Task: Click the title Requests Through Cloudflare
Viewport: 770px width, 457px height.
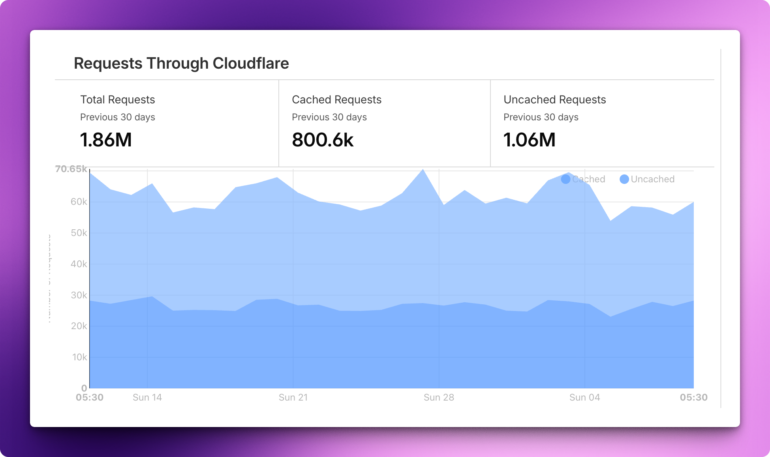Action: tap(181, 63)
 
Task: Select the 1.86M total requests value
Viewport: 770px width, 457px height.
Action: tap(106, 140)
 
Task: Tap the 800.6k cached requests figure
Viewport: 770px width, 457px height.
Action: tap(323, 140)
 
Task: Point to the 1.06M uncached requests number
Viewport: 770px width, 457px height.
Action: tap(529, 140)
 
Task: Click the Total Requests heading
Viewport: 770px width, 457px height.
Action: tap(118, 99)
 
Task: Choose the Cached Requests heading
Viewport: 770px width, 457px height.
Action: tap(336, 99)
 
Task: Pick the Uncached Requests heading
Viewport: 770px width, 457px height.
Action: tap(554, 99)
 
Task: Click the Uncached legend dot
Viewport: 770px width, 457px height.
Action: tap(624, 179)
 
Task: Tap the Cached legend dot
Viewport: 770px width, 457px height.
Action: tap(565, 179)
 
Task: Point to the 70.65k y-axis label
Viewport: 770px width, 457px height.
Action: tap(71, 169)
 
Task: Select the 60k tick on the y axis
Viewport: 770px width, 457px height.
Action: tap(79, 202)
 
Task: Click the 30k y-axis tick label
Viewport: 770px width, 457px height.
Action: tap(79, 295)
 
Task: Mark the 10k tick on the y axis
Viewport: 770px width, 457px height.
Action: tap(79, 357)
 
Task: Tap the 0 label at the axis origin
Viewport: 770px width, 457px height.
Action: tap(84, 388)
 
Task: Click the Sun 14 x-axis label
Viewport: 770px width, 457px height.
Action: tap(147, 397)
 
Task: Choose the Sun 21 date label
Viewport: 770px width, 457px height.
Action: tap(293, 397)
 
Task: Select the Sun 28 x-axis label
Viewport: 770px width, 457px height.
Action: tap(439, 397)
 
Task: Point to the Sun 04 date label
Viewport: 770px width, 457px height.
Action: tap(584, 397)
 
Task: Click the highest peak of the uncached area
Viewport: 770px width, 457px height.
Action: tap(423, 170)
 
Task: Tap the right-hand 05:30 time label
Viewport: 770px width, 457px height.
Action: tap(693, 397)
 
